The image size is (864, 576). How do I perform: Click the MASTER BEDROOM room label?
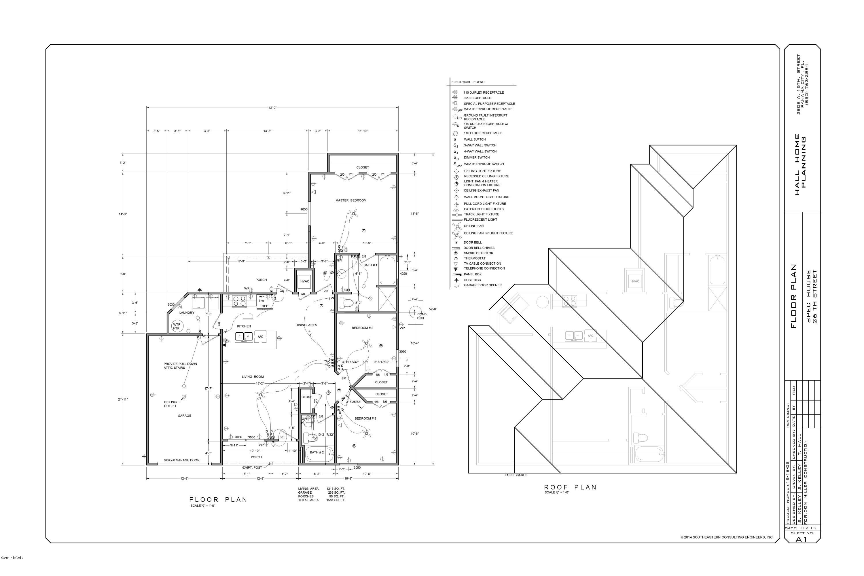pyautogui.click(x=350, y=200)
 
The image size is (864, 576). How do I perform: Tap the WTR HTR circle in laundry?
pyautogui.click(x=177, y=326)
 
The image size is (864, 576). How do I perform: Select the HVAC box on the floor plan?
pyautogui.click(x=304, y=281)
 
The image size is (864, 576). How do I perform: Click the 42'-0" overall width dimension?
pyautogui.click(x=272, y=108)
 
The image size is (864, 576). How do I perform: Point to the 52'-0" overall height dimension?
pyautogui.click(x=433, y=309)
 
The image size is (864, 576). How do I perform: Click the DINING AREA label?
pyautogui.click(x=306, y=325)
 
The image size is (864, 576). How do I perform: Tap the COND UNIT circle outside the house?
pyautogui.click(x=416, y=312)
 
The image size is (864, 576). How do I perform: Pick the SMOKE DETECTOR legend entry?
pyautogui.click(x=478, y=253)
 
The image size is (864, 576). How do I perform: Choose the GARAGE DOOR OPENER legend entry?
pyautogui.click(x=482, y=285)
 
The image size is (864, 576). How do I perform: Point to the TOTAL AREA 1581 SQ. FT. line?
pyautogui.click(x=321, y=500)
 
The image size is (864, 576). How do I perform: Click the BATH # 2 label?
pyautogui.click(x=316, y=452)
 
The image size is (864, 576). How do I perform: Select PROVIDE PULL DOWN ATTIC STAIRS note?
pyautogui.click(x=180, y=366)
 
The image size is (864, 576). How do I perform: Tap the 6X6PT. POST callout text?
pyautogui.click(x=252, y=468)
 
